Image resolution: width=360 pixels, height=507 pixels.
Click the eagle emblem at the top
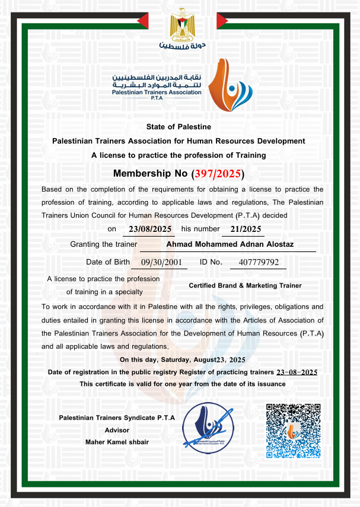(180, 25)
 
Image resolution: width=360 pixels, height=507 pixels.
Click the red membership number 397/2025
(217, 174)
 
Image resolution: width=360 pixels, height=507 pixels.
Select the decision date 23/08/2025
(150, 228)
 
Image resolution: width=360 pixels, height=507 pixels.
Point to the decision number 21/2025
(242, 228)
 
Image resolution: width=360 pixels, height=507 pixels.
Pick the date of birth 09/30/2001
(160, 262)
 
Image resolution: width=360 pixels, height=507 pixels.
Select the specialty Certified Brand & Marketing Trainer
(245, 285)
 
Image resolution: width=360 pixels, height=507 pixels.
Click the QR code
(293, 431)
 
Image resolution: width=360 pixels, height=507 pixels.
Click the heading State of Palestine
(179, 127)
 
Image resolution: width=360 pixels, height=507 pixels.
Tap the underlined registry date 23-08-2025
(297, 372)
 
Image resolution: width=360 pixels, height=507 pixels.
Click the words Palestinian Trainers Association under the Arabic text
(157, 93)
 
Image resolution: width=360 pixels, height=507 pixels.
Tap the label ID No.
(211, 262)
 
